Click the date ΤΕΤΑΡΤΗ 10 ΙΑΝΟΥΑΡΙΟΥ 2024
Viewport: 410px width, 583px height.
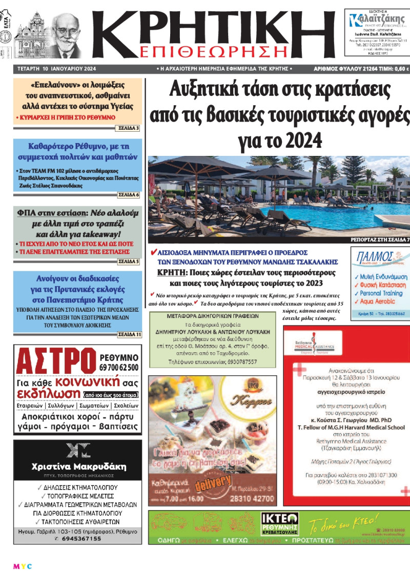click(55, 68)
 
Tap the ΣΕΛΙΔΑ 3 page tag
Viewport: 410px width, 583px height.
click(131, 128)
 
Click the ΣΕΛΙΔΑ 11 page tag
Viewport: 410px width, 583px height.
click(129, 334)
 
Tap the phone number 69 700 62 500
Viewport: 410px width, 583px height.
click(119, 368)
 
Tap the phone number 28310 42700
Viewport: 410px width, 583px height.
click(252, 498)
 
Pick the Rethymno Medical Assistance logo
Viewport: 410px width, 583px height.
click(316, 346)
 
